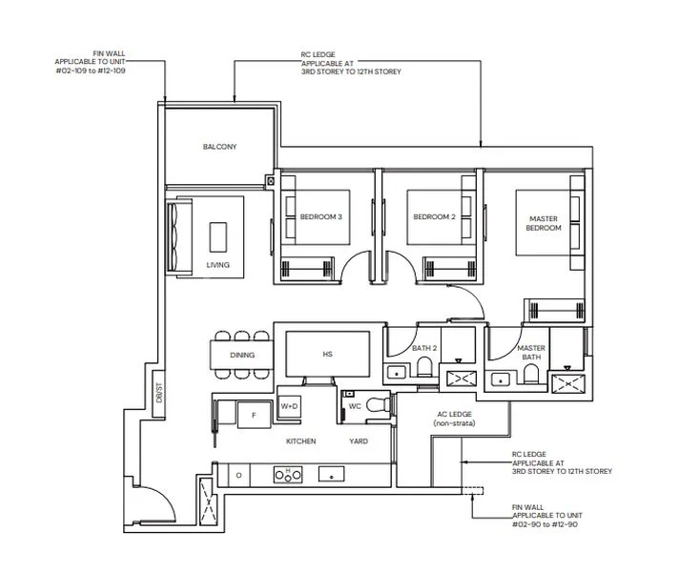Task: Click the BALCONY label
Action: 219,147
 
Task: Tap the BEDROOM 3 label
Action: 321,217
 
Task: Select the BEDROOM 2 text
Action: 434,217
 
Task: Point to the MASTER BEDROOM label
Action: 544,223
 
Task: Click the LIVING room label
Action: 218,265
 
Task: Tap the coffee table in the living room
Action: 218,237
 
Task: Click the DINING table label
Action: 242,356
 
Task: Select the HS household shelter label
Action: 328,355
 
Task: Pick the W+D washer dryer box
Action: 289,407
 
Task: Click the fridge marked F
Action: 254,415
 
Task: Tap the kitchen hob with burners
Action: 288,475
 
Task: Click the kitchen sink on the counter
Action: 331,475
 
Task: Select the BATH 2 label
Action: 424,348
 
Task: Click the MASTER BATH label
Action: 531,353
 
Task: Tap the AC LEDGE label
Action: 454,419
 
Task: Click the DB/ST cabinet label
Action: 159,393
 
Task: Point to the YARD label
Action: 359,441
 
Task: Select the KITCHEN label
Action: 301,441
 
